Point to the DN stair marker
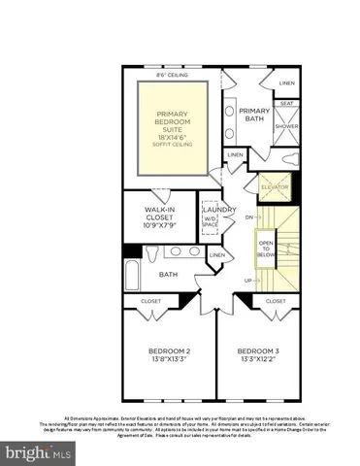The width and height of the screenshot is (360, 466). pyautogui.click(x=248, y=217)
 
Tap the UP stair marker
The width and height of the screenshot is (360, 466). pyautogui.click(x=248, y=280)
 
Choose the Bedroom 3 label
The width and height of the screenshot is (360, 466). pyautogui.click(x=260, y=353)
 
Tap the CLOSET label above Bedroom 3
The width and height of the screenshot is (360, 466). pyautogui.click(x=275, y=302)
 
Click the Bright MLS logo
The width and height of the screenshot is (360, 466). pyautogui.click(x=39, y=452)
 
